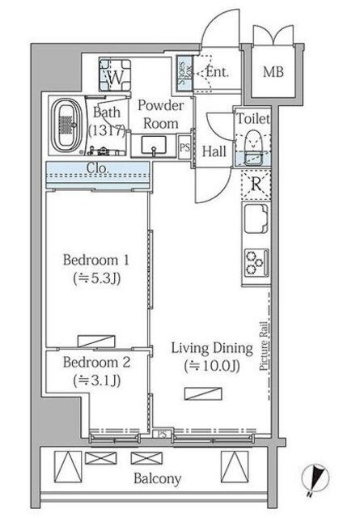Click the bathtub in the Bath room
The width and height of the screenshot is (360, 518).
(67, 126)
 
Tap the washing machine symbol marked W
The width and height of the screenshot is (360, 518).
(115, 75)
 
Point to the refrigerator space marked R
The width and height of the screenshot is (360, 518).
(256, 185)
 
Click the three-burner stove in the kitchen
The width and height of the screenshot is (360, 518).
(256, 262)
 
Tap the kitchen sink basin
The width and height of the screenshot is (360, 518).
(256, 219)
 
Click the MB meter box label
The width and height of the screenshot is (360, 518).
(273, 72)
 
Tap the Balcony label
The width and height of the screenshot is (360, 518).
(157, 478)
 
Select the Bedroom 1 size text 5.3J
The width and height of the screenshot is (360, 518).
(97, 278)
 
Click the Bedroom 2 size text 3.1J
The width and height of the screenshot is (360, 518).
(97, 380)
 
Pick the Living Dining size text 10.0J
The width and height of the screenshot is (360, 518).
(212, 366)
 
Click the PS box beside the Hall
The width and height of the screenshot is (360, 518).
(184, 147)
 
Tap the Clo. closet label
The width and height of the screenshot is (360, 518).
(97, 168)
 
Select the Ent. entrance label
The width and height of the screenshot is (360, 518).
(217, 72)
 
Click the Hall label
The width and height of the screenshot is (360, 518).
(214, 151)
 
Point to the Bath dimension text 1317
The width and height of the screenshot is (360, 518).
(107, 131)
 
